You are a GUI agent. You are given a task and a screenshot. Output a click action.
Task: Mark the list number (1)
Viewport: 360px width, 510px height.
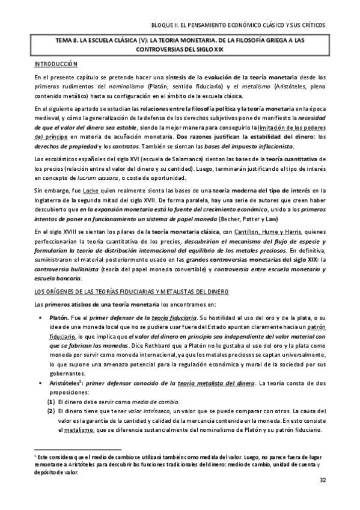51,401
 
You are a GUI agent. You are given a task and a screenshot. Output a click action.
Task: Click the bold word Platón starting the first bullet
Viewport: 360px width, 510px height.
58,316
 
